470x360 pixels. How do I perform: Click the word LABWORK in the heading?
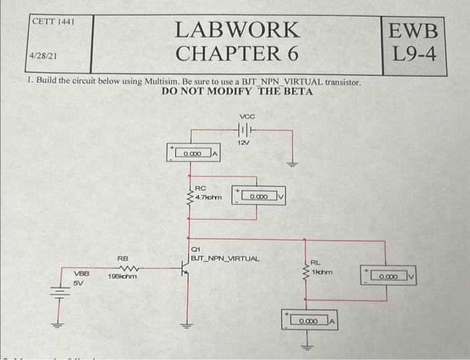[x=236, y=30]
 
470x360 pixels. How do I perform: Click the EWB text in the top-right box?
[x=418, y=31]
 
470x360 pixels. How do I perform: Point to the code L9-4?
[x=418, y=53]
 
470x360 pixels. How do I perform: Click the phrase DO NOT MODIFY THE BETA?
[x=237, y=91]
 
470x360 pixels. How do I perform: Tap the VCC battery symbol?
[x=243, y=128]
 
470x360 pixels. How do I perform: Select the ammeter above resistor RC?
[x=195, y=154]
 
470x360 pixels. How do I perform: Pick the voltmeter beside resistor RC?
[x=259, y=196]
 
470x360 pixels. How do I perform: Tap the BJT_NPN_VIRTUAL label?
[x=226, y=258]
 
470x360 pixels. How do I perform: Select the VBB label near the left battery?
[x=80, y=275]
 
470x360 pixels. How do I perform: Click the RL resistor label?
[x=315, y=263]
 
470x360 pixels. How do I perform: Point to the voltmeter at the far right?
[x=389, y=276]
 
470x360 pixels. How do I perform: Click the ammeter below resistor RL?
[x=310, y=322]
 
